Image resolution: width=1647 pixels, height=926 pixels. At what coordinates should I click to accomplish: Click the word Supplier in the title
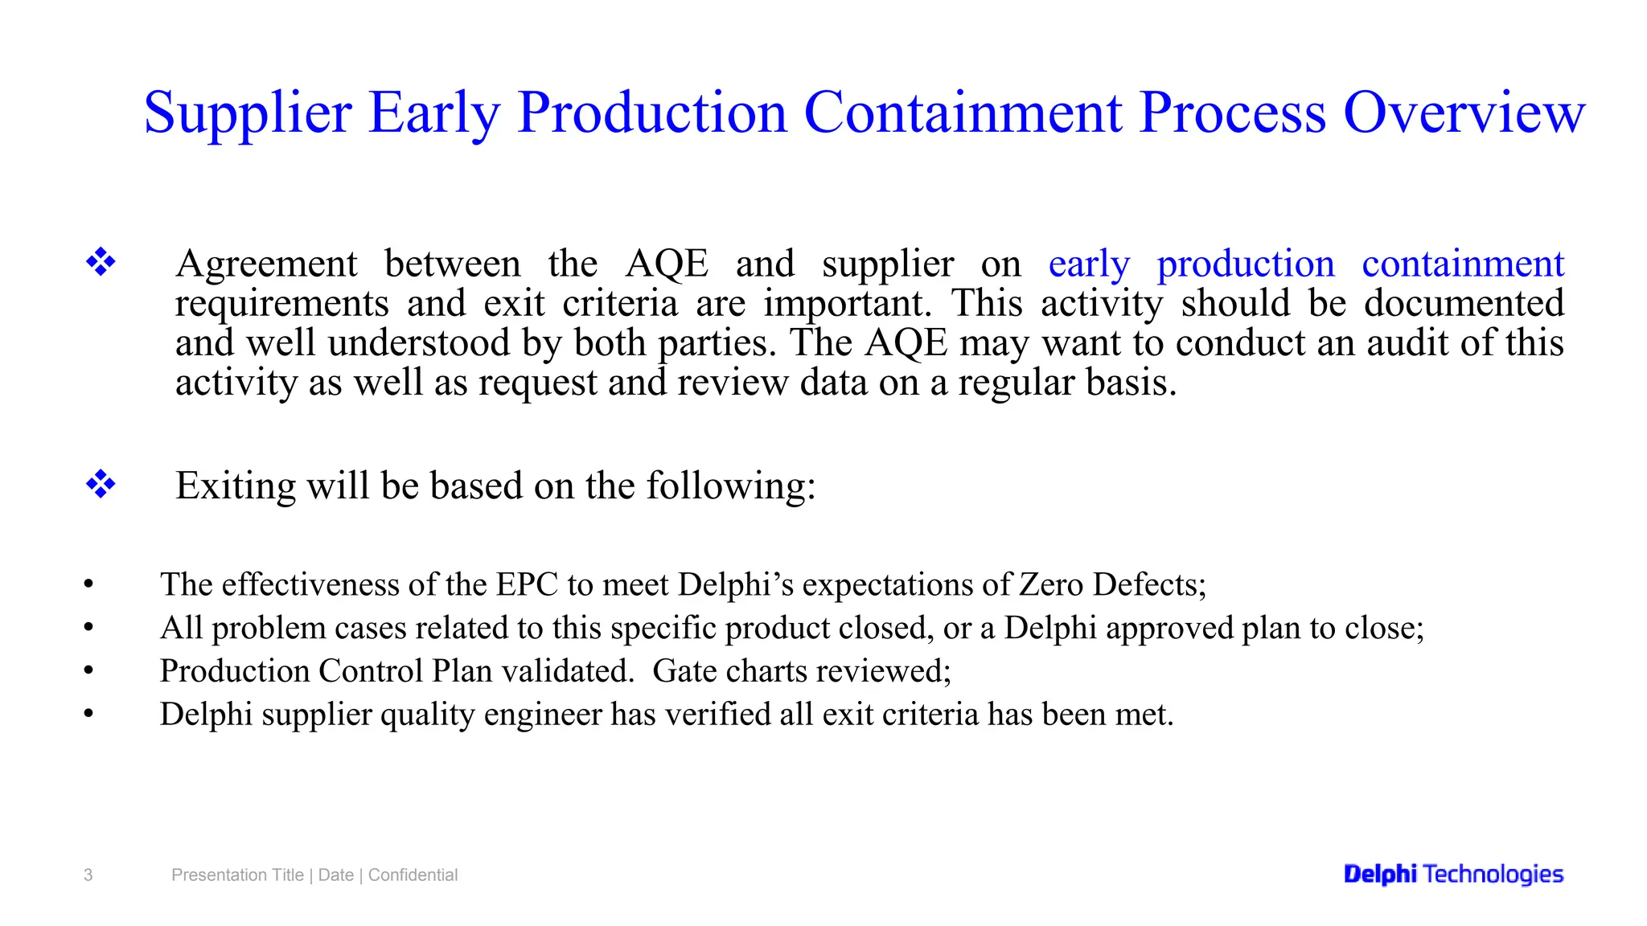pyautogui.click(x=248, y=113)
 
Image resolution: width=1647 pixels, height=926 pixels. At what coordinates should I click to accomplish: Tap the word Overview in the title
pyautogui.click(x=1464, y=113)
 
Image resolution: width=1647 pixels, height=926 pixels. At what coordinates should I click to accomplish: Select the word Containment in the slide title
pyautogui.click(x=963, y=113)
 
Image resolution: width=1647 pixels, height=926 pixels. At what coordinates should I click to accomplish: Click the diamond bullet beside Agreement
pyautogui.click(x=101, y=262)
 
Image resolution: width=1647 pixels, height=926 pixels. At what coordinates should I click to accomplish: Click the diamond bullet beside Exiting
pyautogui.click(x=101, y=485)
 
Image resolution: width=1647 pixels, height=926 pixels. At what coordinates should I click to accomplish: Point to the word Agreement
pyautogui.click(x=266, y=264)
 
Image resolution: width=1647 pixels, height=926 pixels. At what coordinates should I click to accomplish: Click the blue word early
pyautogui.click(x=1089, y=264)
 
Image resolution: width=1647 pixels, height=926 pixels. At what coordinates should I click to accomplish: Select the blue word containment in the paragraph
pyautogui.click(x=1462, y=264)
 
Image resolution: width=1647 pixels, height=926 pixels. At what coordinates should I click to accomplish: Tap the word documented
pyautogui.click(x=1464, y=304)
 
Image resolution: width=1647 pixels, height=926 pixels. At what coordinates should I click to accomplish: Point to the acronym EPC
pyautogui.click(x=527, y=584)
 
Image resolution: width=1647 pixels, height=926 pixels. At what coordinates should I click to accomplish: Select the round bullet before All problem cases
pyautogui.click(x=88, y=628)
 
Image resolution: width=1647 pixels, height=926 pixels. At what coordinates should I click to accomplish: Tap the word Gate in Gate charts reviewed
pyautogui.click(x=684, y=671)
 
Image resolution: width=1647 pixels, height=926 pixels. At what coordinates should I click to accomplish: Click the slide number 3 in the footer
pyautogui.click(x=88, y=875)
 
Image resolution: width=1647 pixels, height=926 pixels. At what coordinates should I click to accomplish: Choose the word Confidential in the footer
pyautogui.click(x=413, y=875)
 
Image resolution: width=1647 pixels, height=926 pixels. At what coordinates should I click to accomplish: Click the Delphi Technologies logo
pyautogui.click(x=1453, y=875)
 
